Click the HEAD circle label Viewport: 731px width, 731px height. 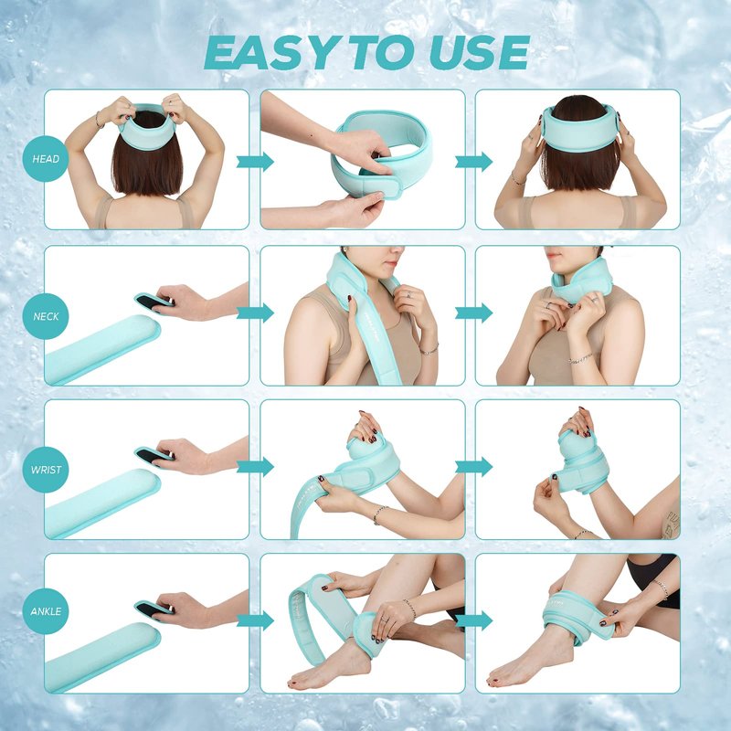click(x=46, y=159)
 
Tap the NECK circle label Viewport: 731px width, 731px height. click(x=46, y=316)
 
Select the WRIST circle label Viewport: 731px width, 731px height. click(x=46, y=470)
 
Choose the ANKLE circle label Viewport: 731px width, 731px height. click(x=46, y=611)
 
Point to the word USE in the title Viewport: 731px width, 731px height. click(x=479, y=52)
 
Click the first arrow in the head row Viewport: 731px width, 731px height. click(x=255, y=162)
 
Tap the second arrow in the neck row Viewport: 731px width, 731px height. click(x=473, y=313)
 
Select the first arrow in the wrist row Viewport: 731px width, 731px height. click(x=255, y=467)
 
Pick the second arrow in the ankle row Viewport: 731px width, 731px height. click(x=473, y=621)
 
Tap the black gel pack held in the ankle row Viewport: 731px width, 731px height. click(x=153, y=609)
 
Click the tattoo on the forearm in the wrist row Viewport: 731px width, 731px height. click(x=672, y=523)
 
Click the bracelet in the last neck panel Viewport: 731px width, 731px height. click(x=580, y=359)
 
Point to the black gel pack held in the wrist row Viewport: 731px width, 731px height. click(x=153, y=454)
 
